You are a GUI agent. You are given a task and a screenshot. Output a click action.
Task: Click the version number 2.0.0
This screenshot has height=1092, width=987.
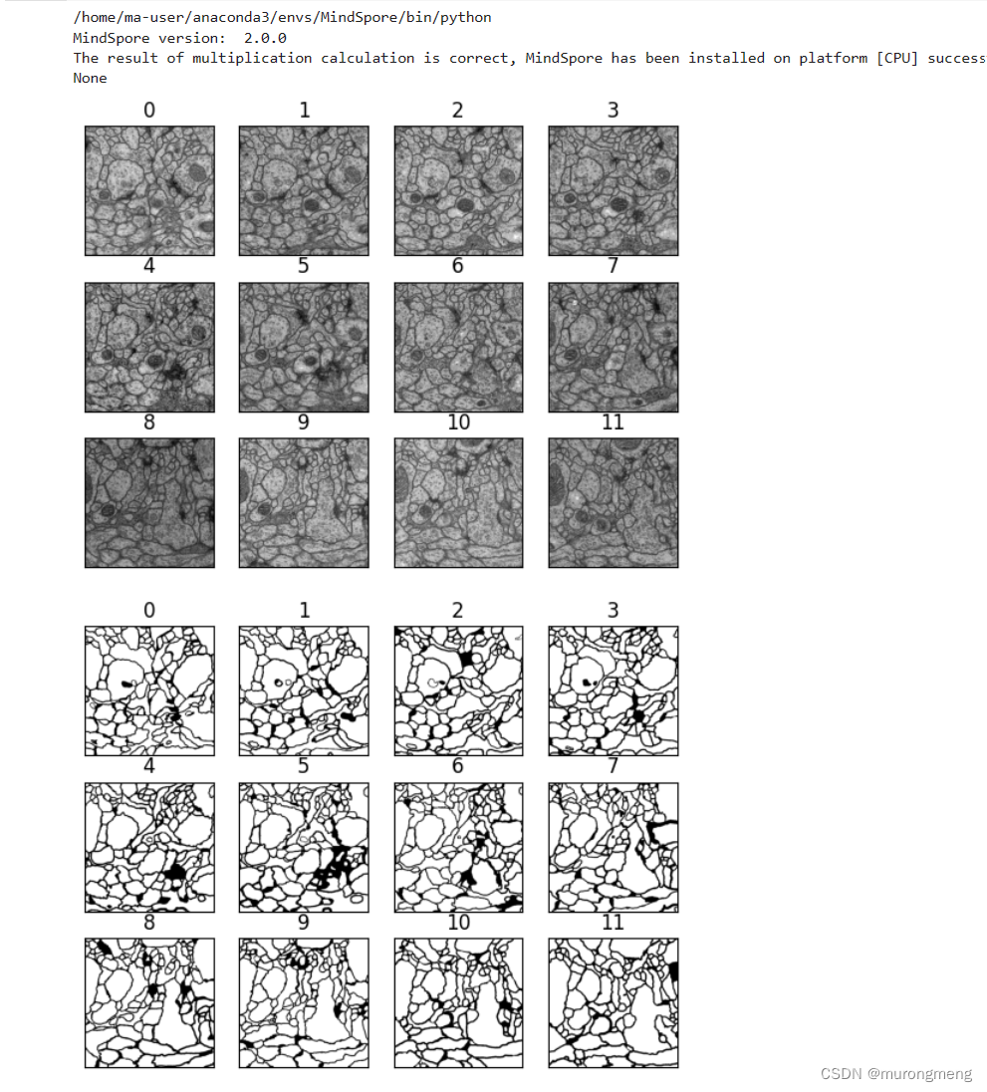[265, 38]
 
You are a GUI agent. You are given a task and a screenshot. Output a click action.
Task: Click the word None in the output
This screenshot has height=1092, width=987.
[90, 78]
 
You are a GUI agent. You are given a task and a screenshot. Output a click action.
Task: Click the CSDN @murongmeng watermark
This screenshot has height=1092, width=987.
[895, 1074]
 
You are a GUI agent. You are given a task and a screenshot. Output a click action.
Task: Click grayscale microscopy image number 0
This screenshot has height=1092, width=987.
[149, 190]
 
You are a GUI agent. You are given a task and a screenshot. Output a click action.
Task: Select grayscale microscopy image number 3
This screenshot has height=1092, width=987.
[613, 190]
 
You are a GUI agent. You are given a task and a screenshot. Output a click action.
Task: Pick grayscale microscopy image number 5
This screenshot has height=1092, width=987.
[304, 347]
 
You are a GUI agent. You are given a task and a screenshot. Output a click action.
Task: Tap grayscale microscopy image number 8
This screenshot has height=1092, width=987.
[149, 503]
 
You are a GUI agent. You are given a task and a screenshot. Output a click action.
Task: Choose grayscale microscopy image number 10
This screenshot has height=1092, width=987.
[458, 503]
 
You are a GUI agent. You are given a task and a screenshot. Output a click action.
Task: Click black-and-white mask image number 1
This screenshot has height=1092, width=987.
[304, 690]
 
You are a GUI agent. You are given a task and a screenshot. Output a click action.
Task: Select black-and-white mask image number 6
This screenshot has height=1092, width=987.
[458, 847]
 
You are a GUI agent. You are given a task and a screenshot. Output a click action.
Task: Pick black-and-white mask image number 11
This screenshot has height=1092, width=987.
[613, 1003]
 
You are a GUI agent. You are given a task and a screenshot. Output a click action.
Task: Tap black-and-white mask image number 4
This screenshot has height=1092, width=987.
[149, 847]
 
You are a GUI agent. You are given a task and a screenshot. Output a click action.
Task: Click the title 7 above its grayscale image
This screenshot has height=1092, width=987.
[613, 266]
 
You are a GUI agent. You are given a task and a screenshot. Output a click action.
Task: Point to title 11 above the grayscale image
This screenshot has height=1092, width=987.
[613, 422]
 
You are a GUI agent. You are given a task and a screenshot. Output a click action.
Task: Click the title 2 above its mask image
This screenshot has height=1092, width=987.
[457, 610]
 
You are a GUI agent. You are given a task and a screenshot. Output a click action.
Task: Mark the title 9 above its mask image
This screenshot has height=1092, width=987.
[304, 923]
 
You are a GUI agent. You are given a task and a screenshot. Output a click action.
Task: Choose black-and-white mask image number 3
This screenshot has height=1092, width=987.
[613, 690]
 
